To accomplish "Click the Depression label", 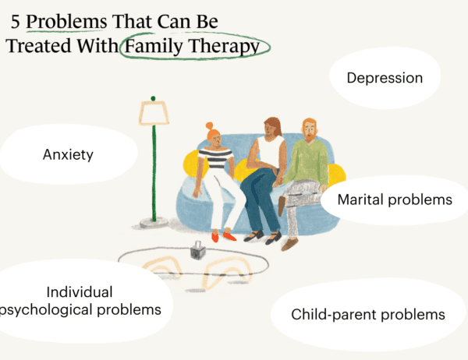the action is (385, 78).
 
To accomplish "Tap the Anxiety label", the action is (68, 155).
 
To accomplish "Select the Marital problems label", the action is (395, 199).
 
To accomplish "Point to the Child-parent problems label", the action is (368, 314).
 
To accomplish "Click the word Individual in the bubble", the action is (80, 292).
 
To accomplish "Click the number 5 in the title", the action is (16, 22).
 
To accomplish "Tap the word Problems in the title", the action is (66, 22).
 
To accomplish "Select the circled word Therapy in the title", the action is (224, 47).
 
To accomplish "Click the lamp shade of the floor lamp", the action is (154, 113).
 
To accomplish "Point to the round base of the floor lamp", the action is (154, 222).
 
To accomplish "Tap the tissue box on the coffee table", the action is (197, 250).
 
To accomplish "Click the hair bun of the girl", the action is (209, 126).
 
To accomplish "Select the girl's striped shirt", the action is (215, 158).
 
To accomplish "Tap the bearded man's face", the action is (310, 131).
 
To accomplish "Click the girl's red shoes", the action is (224, 236).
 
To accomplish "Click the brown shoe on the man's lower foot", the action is (289, 245).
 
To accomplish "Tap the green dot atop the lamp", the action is (153, 98).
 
